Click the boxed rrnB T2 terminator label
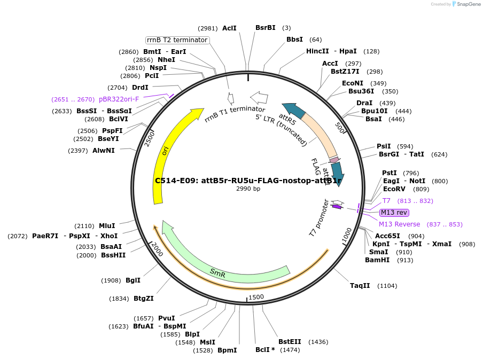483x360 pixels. click(177, 40)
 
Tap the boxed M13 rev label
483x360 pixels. click(394, 213)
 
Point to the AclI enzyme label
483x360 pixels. click(229, 28)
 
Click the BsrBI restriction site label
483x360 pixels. click(265, 28)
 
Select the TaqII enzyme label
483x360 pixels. click(360, 286)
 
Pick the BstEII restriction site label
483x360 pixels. click(290, 342)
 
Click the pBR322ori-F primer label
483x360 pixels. click(119, 99)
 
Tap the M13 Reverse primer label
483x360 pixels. click(399, 224)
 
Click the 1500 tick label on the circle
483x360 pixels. click(256, 297)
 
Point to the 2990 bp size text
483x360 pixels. click(248, 189)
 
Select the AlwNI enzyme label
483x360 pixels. click(103, 151)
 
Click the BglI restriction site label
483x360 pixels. click(133, 280)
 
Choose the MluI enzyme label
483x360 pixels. click(107, 226)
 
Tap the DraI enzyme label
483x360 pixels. click(364, 103)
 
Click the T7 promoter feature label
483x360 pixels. click(318, 218)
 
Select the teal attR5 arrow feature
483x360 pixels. click(293, 111)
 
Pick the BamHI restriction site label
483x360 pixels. click(378, 260)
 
